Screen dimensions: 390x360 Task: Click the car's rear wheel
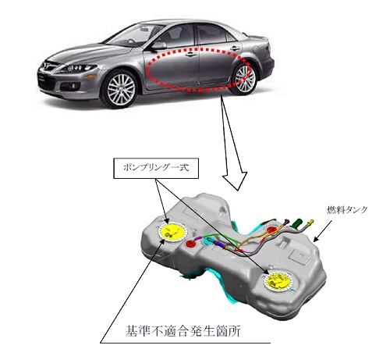pos(243,78)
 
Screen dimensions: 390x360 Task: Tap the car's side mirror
pos(159,45)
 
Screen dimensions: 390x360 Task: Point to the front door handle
pos(190,55)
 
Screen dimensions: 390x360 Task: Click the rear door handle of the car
pos(235,48)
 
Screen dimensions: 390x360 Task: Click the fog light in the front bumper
pos(75,86)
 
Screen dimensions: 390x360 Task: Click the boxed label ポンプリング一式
pos(156,168)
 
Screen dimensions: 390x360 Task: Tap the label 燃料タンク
pos(346,210)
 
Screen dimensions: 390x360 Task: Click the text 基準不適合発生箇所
pos(183,330)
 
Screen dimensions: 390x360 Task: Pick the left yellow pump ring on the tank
pos(172,232)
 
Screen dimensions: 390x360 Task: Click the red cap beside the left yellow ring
pos(192,244)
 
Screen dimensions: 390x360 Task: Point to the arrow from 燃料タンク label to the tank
pos(322,231)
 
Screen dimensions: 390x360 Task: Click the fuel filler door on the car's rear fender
pos(257,49)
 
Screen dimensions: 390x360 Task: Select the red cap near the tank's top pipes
pos(272,230)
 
